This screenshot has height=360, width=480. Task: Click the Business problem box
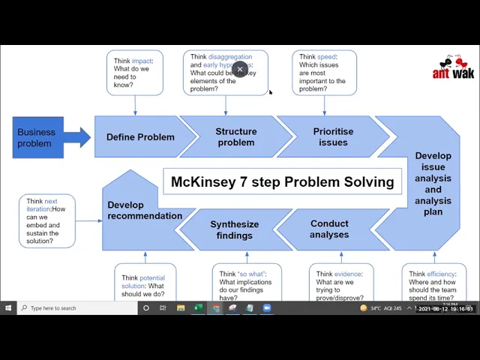[37, 137]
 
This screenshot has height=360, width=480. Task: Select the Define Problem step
[140, 137]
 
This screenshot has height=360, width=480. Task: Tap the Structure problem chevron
[235, 137]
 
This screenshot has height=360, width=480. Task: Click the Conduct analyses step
[329, 229]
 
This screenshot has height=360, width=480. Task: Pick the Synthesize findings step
[234, 229]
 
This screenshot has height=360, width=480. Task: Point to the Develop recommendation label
[144, 211]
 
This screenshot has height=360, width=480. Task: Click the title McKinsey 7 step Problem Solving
[282, 181]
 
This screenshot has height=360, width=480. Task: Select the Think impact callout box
[135, 73]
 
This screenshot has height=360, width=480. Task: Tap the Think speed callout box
[323, 73]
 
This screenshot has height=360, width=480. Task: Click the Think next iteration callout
[47, 221]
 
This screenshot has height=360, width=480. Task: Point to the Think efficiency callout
[433, 285]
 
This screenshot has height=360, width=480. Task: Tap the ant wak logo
[452, 67]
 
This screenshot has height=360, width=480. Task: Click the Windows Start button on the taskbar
[8, 308]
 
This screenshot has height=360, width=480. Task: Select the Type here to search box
[75, 308]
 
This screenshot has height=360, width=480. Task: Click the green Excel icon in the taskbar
[199, 308]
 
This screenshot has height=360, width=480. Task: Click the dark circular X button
[240, 70]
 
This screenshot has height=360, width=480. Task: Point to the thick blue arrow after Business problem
[77, 137]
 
